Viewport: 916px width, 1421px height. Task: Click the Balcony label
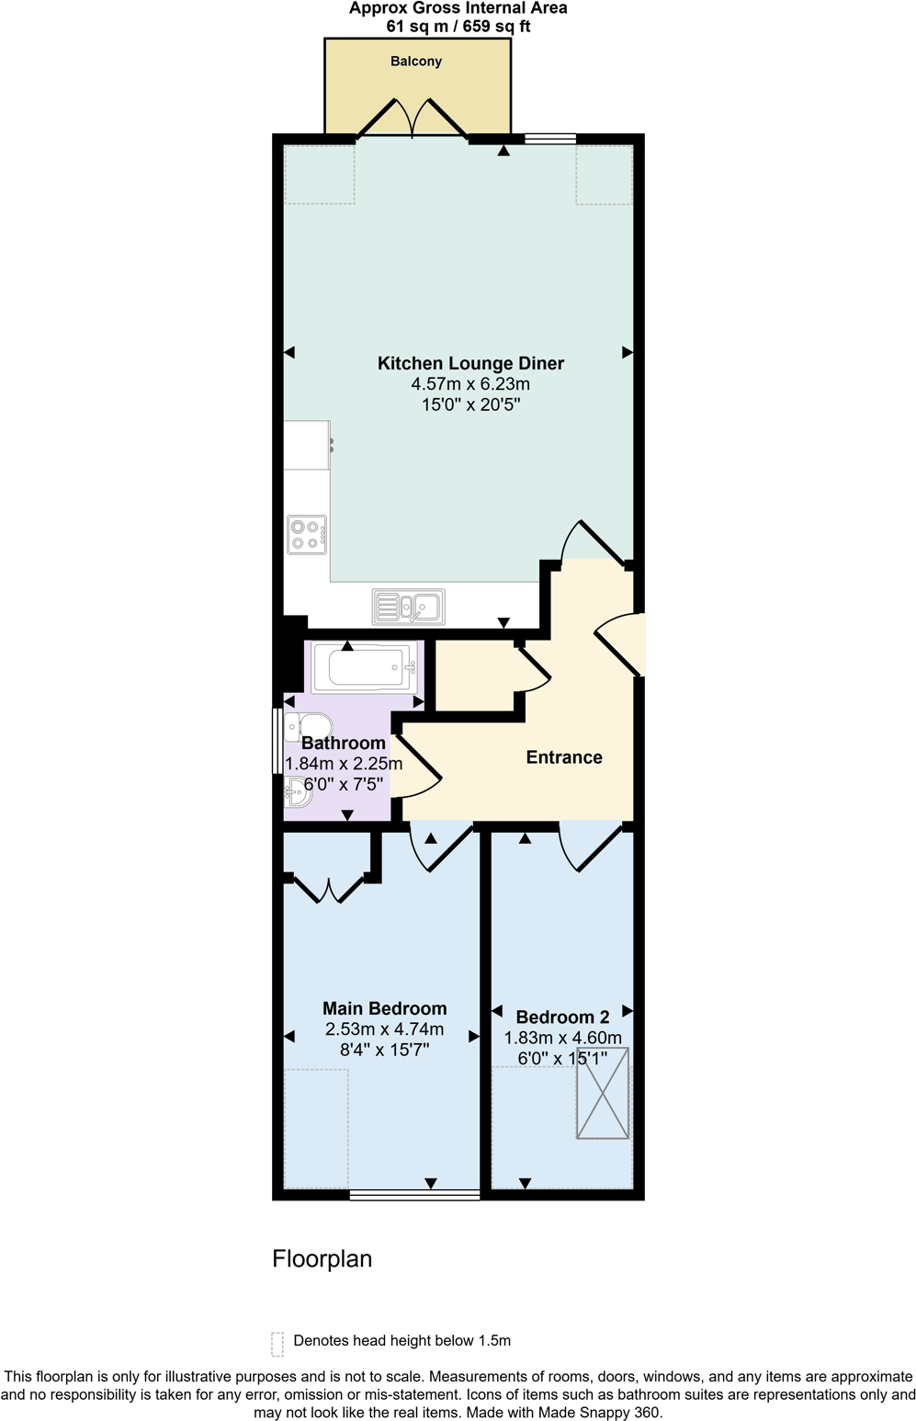click(x=416, y=62)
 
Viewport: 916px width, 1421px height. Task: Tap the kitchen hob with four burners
click(x=307, y=534)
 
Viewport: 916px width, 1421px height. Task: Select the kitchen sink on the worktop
click(x=409, y=607)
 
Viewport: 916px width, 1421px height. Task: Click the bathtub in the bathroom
click(x=365, y=667)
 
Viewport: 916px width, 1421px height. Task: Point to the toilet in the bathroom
click(x=308, y=726)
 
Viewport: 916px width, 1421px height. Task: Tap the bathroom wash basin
click(x=298, y=790)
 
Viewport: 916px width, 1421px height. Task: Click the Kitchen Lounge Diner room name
click(x=470, y=363)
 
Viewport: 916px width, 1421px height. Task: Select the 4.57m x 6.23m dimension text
click(x=470, y=384)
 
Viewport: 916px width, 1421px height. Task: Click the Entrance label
click(x=564, y=757)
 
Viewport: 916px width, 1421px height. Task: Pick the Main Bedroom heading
click(x=384, y=1008)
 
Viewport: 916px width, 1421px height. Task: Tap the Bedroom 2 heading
click(x=562, y=1017)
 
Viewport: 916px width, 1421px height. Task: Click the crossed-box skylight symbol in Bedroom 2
click(x=603, y=1093)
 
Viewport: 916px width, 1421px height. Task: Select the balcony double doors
click(x=413, y=119)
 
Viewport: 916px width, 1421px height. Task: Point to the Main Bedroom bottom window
click(x=415, y=1195)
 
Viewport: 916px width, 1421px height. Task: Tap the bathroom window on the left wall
click(x=277, y=740)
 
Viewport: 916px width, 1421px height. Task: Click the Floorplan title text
click(x=322, y=1258)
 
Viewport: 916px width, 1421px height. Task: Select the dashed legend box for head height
click(x=277, y=1344)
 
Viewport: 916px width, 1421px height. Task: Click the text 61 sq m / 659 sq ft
click(x=458, y=27)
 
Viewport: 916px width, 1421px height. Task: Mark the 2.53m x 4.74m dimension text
click(x=384, y=1029)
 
